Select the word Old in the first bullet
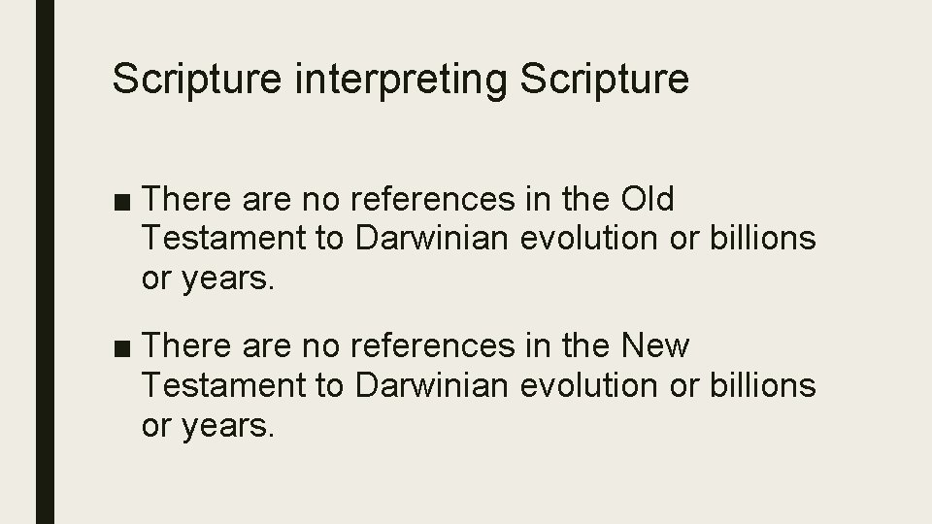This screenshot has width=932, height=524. (x=647, y=200)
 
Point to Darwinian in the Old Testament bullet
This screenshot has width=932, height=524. (x=429, y=240)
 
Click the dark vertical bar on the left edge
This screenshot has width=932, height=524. (x=46, y=262)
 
